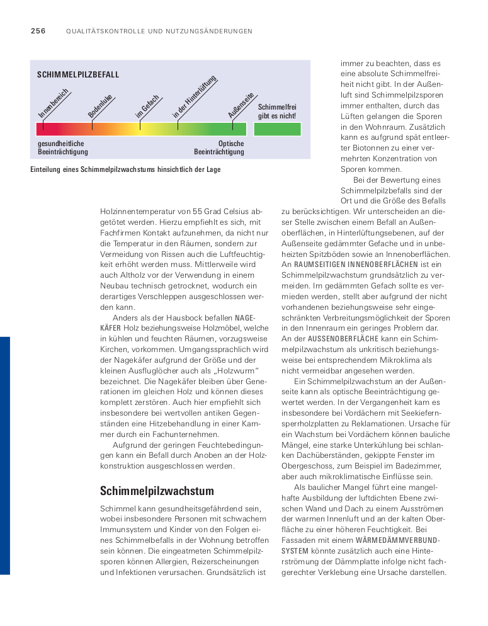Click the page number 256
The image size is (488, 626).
pyautogui.click(x=38, y=31)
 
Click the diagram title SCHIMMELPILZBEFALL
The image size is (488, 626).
pyautogui.click(x=78, y=75)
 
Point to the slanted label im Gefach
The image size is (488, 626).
pyautogui.click(x=147, y=106)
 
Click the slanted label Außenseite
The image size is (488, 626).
pyautogui.click(x=241, y=106)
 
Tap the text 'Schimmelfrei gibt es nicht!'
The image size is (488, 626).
pyautogui.click(x=277, y=111)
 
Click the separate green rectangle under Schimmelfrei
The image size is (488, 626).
pyautogui.click(x=277, y=129)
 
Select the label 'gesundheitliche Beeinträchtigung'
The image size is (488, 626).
pyautogui.click(x=63, y=148)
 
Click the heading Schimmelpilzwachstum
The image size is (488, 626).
pyautogui.click(x=157, y=491)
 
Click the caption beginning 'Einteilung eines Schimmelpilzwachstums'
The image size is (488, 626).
pyautogui.click(x=125, y=169)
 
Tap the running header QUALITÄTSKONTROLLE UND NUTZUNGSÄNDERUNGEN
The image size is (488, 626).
pyautogui.click(x=159, y=31)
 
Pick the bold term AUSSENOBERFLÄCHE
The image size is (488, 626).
pyautogui.click(x=336, y=339)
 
